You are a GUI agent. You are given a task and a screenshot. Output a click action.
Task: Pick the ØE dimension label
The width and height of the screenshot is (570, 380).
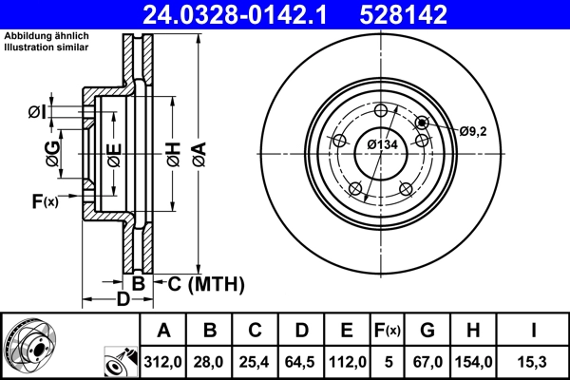pos(114,152)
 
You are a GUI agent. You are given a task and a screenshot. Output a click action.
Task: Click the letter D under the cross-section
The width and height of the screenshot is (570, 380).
pos(123,301)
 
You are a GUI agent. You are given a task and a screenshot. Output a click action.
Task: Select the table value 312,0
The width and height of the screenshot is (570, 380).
pos(163,361)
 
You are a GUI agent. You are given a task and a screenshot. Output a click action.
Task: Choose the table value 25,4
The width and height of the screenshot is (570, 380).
pos(256,361)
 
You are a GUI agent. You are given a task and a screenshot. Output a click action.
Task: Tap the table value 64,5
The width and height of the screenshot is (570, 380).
pos(302,361)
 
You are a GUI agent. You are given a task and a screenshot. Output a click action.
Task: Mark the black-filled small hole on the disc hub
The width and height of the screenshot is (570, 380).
pos(422,122)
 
